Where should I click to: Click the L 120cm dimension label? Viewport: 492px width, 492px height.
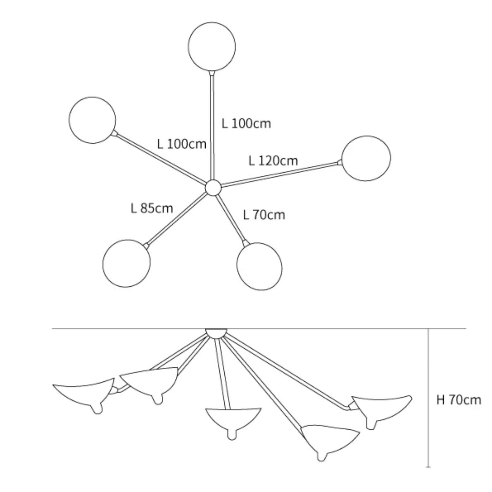click(x=273, y=161)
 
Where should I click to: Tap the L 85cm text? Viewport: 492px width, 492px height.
click(x=152, y=208)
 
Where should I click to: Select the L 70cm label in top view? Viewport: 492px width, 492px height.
click(x=264, y=215)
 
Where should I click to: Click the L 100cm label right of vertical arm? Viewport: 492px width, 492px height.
click(x=246, y=124)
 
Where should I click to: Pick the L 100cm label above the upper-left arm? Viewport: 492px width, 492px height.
click(x=182, y=144)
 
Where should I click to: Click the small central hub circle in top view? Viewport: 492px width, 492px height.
click(x=213, y=188)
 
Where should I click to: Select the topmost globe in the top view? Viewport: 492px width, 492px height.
click(x=212, y=46)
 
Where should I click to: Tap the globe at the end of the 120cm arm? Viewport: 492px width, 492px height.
click(x=366, y=158)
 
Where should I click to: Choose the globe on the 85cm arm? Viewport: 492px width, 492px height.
click(x=126, y=263)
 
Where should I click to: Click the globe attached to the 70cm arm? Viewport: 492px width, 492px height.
click(x=259, y=266)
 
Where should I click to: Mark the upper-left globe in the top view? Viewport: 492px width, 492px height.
click(x=92, y=120)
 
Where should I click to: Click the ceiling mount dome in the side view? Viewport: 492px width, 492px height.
click(x=216, y=333)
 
